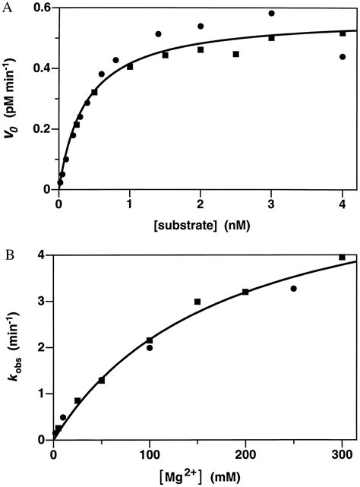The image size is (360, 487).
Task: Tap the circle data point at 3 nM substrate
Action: [x=271, y=13]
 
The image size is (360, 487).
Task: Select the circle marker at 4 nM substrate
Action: [x=343, y=56]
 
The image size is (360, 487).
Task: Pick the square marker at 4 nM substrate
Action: [x=343, y=33]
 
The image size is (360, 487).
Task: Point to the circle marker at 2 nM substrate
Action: [x=201, y=26]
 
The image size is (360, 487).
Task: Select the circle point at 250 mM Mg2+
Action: [x=293, y=289]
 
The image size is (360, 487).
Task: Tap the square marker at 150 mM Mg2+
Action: [x=197, y=302]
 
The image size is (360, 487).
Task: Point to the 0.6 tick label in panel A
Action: [x=38, y=8]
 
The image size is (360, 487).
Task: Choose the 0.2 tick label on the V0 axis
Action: [x=38, y=128]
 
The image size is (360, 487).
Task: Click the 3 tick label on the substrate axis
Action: [x=271, y=201]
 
